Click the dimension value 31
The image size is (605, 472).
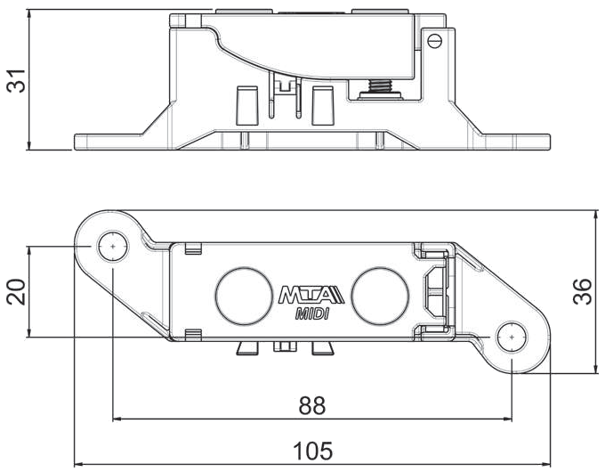tap(16, 81)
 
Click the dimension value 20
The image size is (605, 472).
tap(16, 291)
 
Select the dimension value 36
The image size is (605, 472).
tap(582, 291)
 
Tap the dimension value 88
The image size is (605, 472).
tap(312, 405)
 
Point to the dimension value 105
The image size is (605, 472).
tap(312, 451)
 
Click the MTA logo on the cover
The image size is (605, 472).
tap(311, 295)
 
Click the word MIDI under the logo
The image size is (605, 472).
tap(312, 314)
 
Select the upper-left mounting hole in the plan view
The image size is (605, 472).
tap(113, 247)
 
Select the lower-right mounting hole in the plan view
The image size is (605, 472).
tap(512, 338)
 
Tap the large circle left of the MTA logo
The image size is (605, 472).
tap(244, 296)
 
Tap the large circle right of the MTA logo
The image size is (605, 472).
tap(380, 296)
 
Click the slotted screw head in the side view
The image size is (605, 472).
tap(435, 40)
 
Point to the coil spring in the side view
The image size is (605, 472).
tap(381, 86)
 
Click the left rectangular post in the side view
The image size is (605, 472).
tap(246, 105)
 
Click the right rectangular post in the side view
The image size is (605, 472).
tap(323, 105)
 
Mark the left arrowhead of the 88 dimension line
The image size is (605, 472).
tap(117, 419)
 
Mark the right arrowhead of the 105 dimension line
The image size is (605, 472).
tap(546, 464)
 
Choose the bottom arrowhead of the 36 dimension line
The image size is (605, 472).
tap(597, 369)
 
